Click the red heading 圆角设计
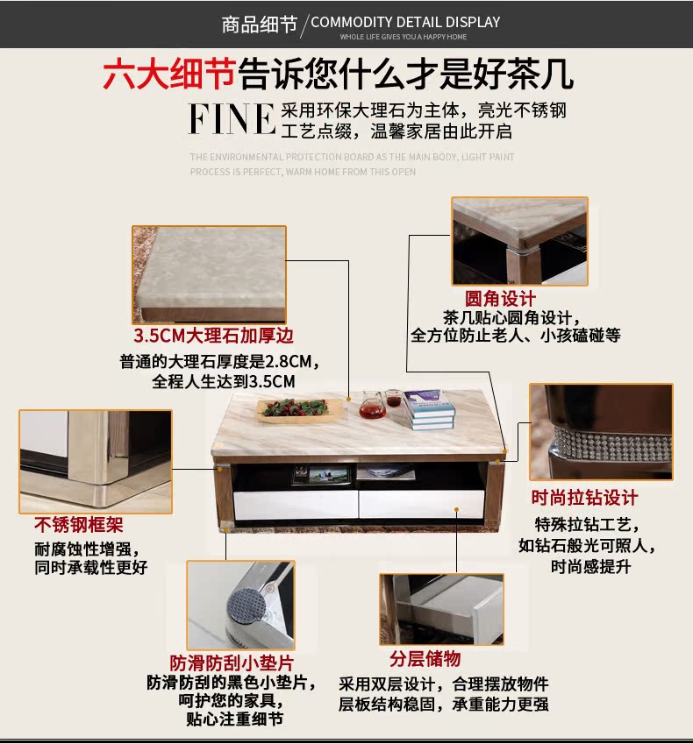pyautogui.click(x=500, y=300)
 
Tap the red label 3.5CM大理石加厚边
pyautogui.click(x=213, y=336)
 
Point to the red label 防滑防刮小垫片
pyautogui.click(x=232, y=663)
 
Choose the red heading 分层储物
pyautogui.click(x=425, y=658)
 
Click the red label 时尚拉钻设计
pyautogui.click(x=584, y=498)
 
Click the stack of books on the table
pyautogui.click(x=431, y=408)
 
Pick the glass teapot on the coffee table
pyautogui.click(x=372, y=405)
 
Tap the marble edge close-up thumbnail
pyautogui.click(x=209, y=273)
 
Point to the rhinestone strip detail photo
pyautogui.click(x=601, y=431)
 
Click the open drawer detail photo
pyautogui.click(x=441, y=608)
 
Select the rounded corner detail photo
pyautogui.click(x=519, y=242)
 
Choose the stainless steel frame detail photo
pyautogui.click(x=96, y=460)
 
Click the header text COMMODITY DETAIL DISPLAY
pyautogui.click(x=405, y=22)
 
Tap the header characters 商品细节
pyautogui.click(x=260, y=24)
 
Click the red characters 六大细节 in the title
pyautogui.click(x=168, y=74)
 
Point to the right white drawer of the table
pyautogui.click(x=421, y=503)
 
